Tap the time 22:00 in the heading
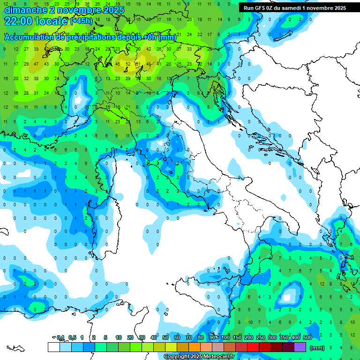pos(20,21)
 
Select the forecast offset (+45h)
pos(82,21)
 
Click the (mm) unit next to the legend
pos(317,348)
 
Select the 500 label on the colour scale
pos(307,337)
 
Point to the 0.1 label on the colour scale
pos(60,337)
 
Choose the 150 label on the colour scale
pos(237,337)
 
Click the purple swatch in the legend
pos(300,347)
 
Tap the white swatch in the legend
pos(53,347)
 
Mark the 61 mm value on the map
pos(138,64)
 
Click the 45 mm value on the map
pos(117,64)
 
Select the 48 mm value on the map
pos(149,64)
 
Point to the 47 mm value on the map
pos(36,64)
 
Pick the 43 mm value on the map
pos(46,64)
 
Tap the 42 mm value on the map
pos(149,49)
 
